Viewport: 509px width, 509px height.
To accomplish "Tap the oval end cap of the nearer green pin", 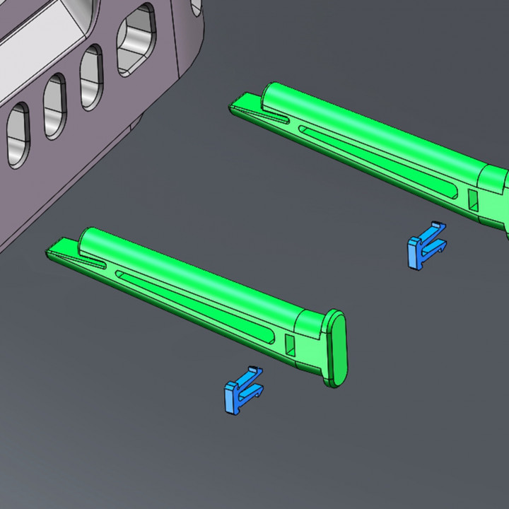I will coord(337,349).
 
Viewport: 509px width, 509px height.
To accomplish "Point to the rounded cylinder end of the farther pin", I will coord(272,92).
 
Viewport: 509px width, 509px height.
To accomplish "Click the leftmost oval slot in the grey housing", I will coord(18,134).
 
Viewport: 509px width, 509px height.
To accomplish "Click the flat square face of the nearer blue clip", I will coord(232,399).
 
